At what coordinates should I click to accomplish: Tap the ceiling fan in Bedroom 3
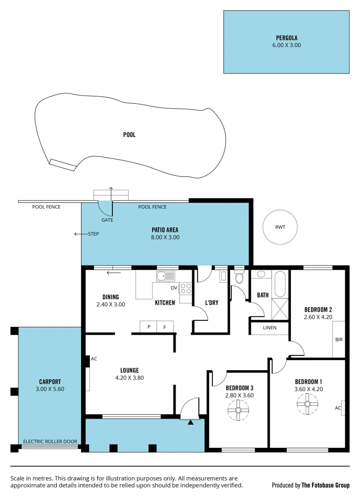[x=239, y=409]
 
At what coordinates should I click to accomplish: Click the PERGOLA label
[x=286, y=38]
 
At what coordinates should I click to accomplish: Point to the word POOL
[x=130, y=135]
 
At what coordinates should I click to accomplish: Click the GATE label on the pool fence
[x=107, y=220]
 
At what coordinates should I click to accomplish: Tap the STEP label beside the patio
[x=94, y=234]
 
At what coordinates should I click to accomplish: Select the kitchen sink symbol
[x=165, y=276]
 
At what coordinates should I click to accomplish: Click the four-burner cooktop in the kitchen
[x=186, y=289]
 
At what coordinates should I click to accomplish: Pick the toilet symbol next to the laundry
[x=239, y=277]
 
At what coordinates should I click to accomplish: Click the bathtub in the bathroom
[x=280, y=284]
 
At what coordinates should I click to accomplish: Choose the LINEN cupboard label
[x=270, y=328]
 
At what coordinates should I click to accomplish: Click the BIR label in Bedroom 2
[x=339, y=339]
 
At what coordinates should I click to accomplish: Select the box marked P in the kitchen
[x=149, y=326]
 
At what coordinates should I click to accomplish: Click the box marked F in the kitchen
[x=165, y=326]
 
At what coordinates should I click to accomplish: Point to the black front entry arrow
[x=191, y=421]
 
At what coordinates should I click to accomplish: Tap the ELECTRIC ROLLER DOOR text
[x=50, y=441]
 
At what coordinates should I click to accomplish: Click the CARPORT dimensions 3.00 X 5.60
[x=50, y=389]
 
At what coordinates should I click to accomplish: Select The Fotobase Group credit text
[x=325, y=485]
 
